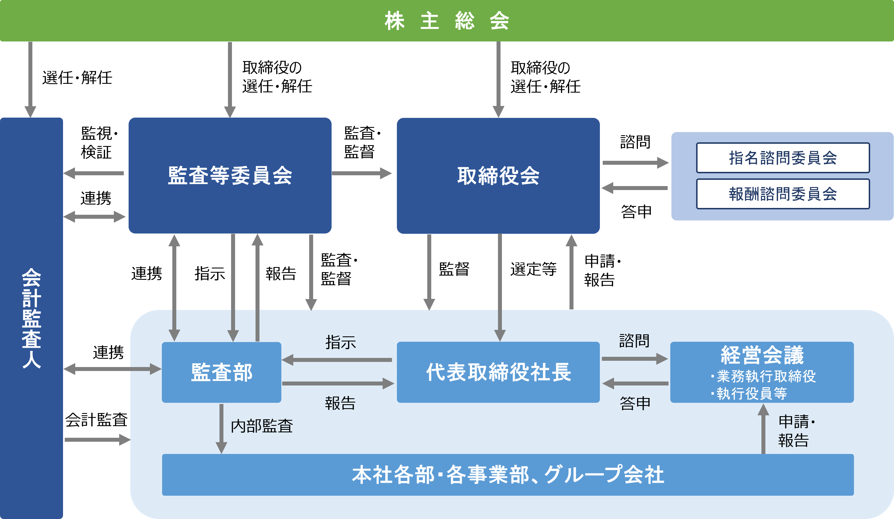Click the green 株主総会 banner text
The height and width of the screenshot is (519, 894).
click(447, 20)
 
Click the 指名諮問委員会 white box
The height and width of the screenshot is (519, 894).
click(783, 158)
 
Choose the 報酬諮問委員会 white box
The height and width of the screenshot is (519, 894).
click(783, 194)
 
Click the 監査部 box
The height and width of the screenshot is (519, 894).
click(221, 372)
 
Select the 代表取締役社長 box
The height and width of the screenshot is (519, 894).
click(498, 372)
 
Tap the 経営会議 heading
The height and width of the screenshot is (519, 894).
click(762, 355)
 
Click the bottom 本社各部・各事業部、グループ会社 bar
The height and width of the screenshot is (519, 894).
click(508, 475)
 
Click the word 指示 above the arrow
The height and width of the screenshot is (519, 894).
click(341, 342)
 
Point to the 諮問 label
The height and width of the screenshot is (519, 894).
click(634, 341)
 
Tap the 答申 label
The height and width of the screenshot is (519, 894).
click(635, 403)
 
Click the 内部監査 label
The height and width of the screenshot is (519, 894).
click(262, 426)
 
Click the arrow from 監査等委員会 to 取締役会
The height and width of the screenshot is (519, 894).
click(362, 173)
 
